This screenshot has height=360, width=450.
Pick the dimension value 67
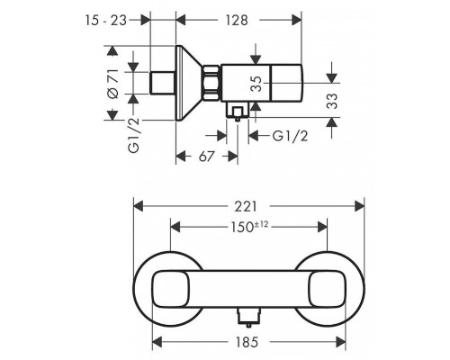click(206, 155)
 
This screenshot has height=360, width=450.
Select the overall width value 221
click(249, 206)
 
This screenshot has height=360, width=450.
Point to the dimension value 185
click(249, 342)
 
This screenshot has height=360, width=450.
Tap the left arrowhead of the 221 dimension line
click(137, 206)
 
